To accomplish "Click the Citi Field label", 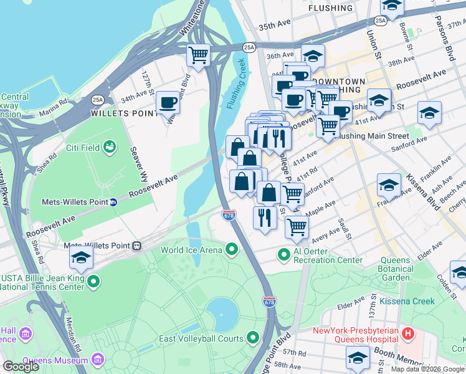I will click(84, 148).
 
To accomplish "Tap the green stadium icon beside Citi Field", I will click(110, 147).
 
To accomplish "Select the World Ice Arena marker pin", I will click(232, 251).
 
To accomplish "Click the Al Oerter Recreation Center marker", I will click(284, 255).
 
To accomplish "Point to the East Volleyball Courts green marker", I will click(253, 338).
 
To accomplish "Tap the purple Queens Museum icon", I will click(97, 360).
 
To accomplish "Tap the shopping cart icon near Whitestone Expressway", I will click(199, 55).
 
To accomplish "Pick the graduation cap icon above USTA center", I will click(81, 257).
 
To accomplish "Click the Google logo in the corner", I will click(21, 367).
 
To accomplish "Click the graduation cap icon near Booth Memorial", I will click(358, 358).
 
